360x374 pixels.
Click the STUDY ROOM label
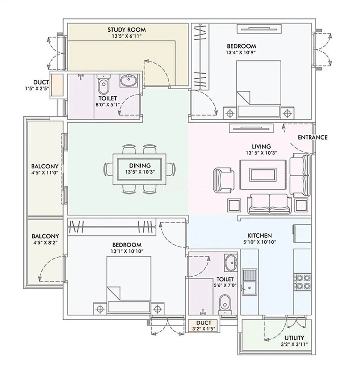coord(127,30)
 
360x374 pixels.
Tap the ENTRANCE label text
coord(313,137)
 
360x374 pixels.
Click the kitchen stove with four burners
coord(302,282)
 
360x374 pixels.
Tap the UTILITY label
coord(294,337)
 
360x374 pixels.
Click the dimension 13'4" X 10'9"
coord(241,52)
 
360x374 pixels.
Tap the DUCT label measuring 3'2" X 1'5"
coord(204,323)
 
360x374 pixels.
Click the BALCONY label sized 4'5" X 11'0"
coord(45,166)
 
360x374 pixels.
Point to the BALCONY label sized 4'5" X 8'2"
coord(45,236)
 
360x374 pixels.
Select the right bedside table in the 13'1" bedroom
coord(157,309)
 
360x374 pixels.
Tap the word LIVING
coord(261,146)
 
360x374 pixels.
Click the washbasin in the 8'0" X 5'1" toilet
coord(129,81)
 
